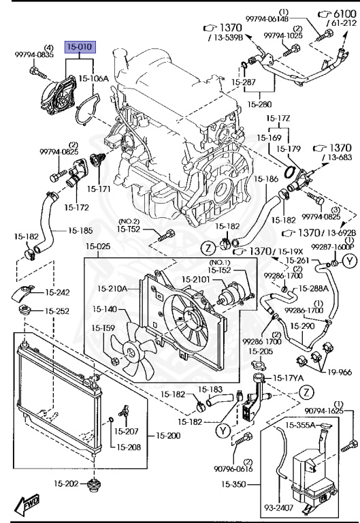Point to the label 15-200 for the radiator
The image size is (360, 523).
168,435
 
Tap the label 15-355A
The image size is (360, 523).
300,426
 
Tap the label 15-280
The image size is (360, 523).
259,104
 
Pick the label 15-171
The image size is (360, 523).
99,189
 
